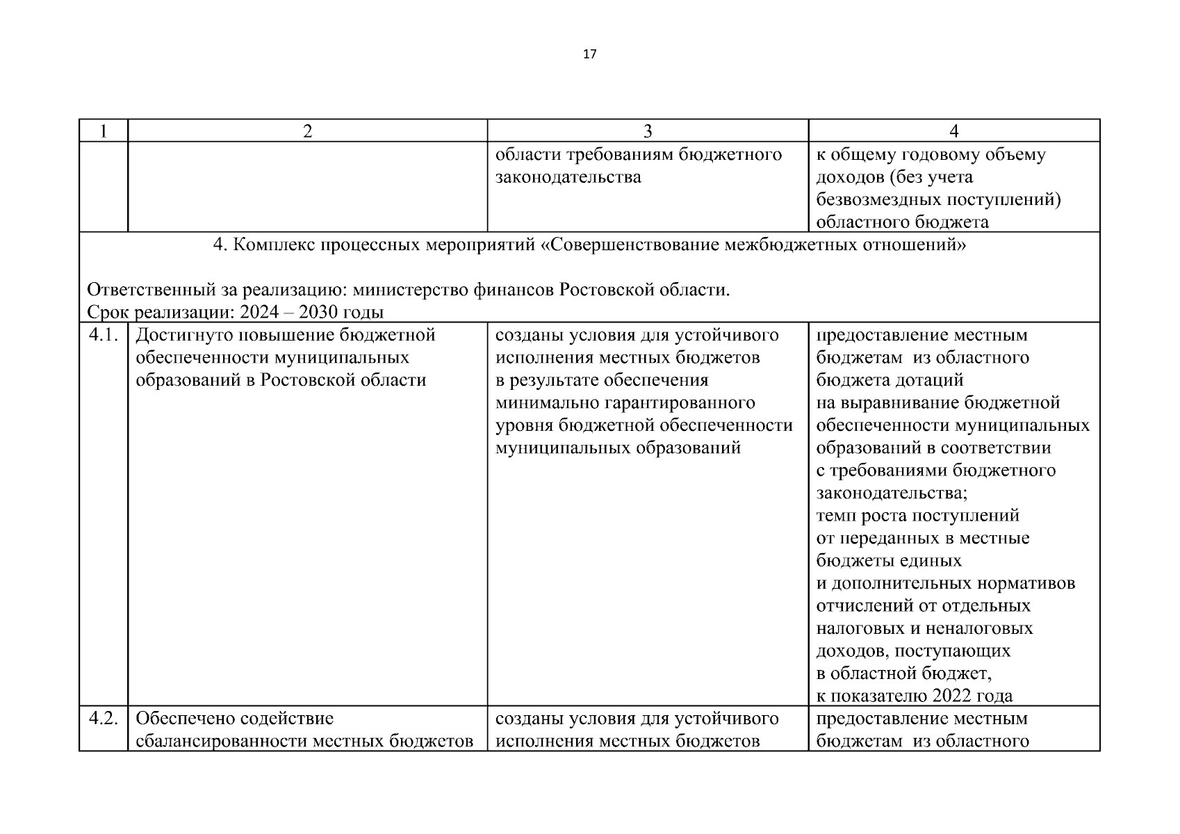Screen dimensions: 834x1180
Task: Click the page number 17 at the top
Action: [x=589, y=54]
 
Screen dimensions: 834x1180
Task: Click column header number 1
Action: [x=104, y=131]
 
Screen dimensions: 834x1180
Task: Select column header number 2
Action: [x=307, y=131]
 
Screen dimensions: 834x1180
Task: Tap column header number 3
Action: [x=648, y=131]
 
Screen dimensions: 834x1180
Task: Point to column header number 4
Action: [x=954, y=131]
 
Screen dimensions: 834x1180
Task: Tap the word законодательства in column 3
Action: [x=568, y=177]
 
